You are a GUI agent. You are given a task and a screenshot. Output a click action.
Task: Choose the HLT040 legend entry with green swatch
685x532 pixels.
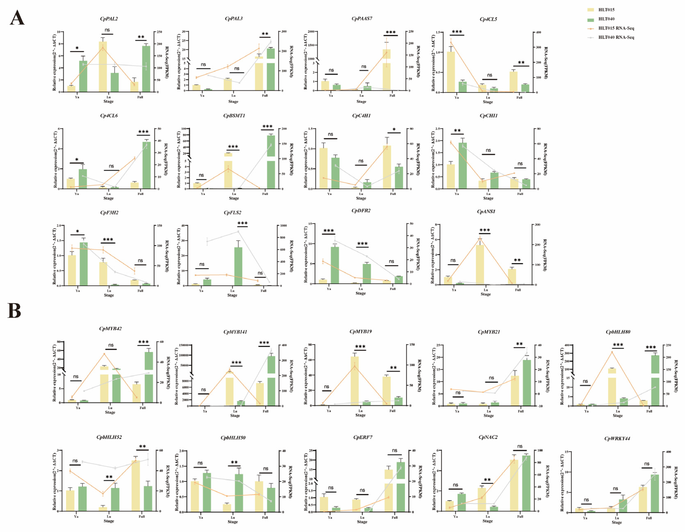pyautogui.click(x=606, y=19)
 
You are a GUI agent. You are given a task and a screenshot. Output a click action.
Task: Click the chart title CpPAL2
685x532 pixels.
pyautogui.click(x=109, y=19)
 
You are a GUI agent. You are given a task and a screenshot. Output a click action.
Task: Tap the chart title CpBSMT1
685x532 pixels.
pyautogui.click(x=234, y=116)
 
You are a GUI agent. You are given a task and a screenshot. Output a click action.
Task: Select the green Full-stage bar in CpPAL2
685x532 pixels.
pyautogui.click(x=146, y=69)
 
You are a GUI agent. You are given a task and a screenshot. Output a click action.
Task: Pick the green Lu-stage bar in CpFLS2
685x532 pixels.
pyautogui.click(x=238, y=267)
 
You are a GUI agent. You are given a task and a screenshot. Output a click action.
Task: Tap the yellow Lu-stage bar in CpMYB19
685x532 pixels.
pyautogui.click(x=354, y=381)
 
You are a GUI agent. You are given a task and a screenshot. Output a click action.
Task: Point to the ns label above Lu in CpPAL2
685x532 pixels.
pyautogui.click(x=107, y=30)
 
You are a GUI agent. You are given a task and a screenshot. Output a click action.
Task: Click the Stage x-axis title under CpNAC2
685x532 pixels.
pyautogui.click(x=487, y=521)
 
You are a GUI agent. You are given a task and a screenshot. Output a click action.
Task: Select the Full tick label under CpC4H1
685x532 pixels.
pyautogui.click(x=393, y=194)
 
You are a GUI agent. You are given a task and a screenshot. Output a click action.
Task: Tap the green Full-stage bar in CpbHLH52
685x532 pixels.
pyautogui.click(x=148, y=498)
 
